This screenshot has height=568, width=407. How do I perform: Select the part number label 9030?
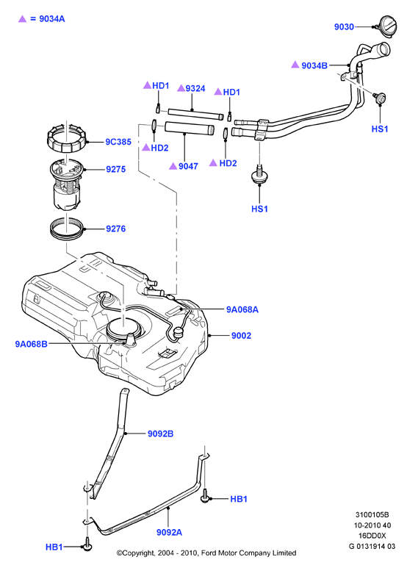[x=344, y=26]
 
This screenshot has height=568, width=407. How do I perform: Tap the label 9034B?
[x=314, y=65]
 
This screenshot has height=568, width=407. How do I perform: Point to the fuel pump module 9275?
[x=67, y=184]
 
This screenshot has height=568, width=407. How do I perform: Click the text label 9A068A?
[x=242, y=309]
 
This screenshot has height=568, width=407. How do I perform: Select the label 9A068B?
[x=31, y=344]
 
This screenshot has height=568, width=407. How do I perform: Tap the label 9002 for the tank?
[x=241, y=336]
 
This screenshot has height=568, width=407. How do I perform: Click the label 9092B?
[x=160, y=434]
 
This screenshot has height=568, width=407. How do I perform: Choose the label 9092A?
[x=169, y=532]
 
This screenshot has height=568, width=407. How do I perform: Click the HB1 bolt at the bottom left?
[x=87, y=544]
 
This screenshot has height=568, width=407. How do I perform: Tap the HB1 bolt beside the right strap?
[x=205, y=496]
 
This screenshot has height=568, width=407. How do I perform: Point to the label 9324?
[x=195, y=88]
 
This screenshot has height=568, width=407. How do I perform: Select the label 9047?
[x=188, y=166]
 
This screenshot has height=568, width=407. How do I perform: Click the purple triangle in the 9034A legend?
[x=23, y=19]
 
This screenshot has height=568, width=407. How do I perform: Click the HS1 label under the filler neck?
[x=380, y=129]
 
